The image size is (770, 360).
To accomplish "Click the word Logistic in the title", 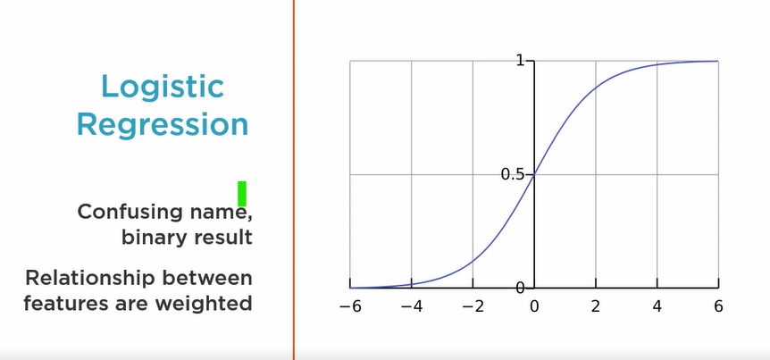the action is tap(163, 87).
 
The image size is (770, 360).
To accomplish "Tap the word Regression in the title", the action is tap(163, 126).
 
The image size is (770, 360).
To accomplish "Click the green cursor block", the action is tap(242, 194).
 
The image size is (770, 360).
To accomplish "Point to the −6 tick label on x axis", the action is tap(350, 306).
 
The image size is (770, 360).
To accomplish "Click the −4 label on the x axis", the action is tap(412, 306).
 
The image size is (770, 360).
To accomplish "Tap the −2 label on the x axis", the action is tap(473, 306).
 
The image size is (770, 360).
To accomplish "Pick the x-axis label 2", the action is tap(596, 306).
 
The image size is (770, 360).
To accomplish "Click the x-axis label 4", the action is tap(657, 306).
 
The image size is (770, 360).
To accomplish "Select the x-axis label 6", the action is tap(718, 306).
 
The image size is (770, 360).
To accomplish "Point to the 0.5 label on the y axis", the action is tap(513, 174).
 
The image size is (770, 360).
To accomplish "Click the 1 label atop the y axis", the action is tap(520, 61).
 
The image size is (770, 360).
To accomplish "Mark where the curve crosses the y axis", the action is tap(534, 174).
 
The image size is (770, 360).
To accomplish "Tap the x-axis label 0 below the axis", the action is tap(534, 306).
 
